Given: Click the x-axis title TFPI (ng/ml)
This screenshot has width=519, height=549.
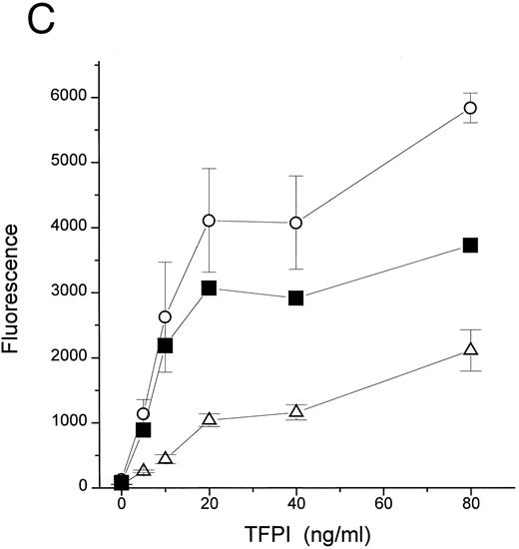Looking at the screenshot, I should (295, 535).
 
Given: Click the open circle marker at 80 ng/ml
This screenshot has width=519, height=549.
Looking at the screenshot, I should (470, 108).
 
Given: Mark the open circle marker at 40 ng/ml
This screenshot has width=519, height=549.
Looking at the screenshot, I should (295, 223).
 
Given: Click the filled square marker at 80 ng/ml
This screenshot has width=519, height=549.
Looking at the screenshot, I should (470, 246).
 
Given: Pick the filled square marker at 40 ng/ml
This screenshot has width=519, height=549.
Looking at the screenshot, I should (295, 297).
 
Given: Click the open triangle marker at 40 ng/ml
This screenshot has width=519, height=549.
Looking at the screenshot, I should (295, 411).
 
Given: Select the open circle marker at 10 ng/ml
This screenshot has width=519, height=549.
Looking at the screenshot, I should (165, 316).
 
